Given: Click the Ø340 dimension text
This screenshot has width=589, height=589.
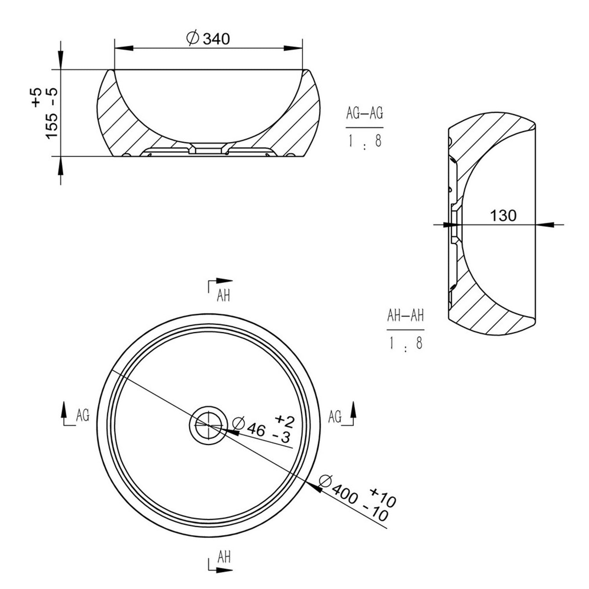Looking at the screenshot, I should [208, 38].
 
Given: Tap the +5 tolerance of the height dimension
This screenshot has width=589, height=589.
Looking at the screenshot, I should [37, 97].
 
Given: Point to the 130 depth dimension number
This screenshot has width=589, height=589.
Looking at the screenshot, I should [503, 215].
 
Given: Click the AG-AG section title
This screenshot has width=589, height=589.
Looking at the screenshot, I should [364, 113].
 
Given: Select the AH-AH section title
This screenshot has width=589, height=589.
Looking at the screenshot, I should [405, 316].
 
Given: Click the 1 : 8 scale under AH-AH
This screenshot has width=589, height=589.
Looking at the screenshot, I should [405, 344].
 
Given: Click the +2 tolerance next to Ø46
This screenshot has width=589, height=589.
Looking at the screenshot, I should [285, 420].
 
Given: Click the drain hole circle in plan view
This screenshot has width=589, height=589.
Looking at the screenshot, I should [208, 424].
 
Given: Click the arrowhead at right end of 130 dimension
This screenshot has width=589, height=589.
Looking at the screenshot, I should [545, 225].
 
